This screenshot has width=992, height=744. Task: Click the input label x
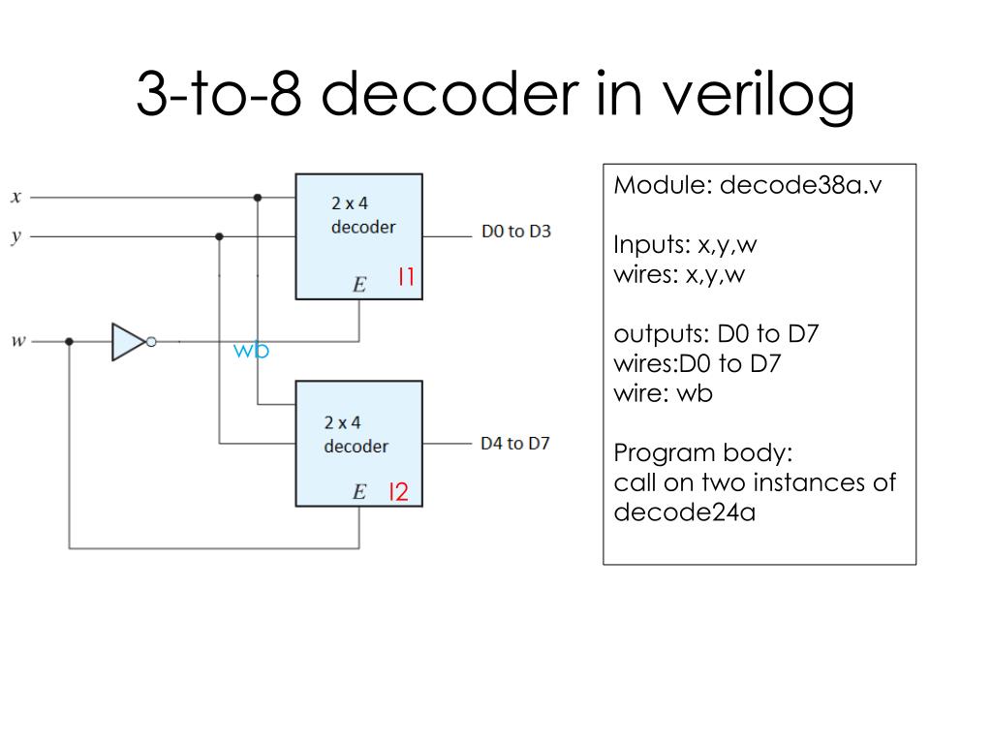click(15, 198)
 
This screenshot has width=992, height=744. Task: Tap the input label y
click(15, 236)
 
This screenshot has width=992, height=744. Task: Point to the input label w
click(17, 341)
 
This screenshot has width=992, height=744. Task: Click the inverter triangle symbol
click(128, 341)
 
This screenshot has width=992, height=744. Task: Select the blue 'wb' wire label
click(250, 351)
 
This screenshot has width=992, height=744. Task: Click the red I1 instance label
click(406, 279)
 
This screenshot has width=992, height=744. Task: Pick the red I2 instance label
click(398, 492)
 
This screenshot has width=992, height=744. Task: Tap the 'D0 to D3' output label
click(515, 232)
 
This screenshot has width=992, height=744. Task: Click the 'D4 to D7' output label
click(514, 444)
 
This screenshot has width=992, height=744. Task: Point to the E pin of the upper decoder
click(359, 285)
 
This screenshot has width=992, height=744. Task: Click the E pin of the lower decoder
click(358, 493)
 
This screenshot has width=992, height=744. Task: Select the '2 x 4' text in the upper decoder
click(350, 204)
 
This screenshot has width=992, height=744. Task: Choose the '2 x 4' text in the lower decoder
click(342, 423)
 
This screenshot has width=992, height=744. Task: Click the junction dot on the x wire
click(257, 198)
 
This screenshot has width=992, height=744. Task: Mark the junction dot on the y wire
click(220, 236)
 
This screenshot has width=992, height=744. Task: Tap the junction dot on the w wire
click(69, 341)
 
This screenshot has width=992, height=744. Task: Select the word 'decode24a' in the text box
click(684, 511)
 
